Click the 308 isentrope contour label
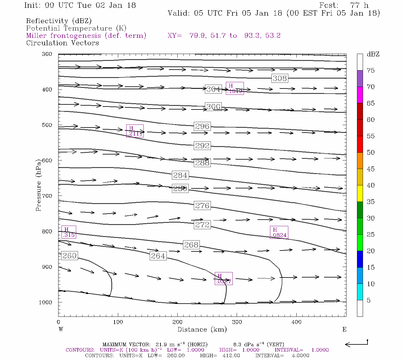(280, 78)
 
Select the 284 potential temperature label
(180, 175)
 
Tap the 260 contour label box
(70, 256)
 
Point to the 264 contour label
(158, 256)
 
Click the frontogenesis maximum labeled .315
(69, 232)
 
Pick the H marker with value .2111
(135, 131)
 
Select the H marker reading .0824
(279, 232)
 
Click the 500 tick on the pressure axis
(47, 125)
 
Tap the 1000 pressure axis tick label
(45, 302)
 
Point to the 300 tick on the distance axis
(237, 322)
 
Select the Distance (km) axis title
(202, 329)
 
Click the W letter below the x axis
(61, 329)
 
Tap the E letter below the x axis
(344, 329)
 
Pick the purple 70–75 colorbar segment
(360, 79)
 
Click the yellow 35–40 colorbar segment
(360, 193)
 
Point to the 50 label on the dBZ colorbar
(370, 153)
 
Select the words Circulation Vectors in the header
(62, 43)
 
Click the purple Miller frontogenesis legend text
(86, 36)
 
